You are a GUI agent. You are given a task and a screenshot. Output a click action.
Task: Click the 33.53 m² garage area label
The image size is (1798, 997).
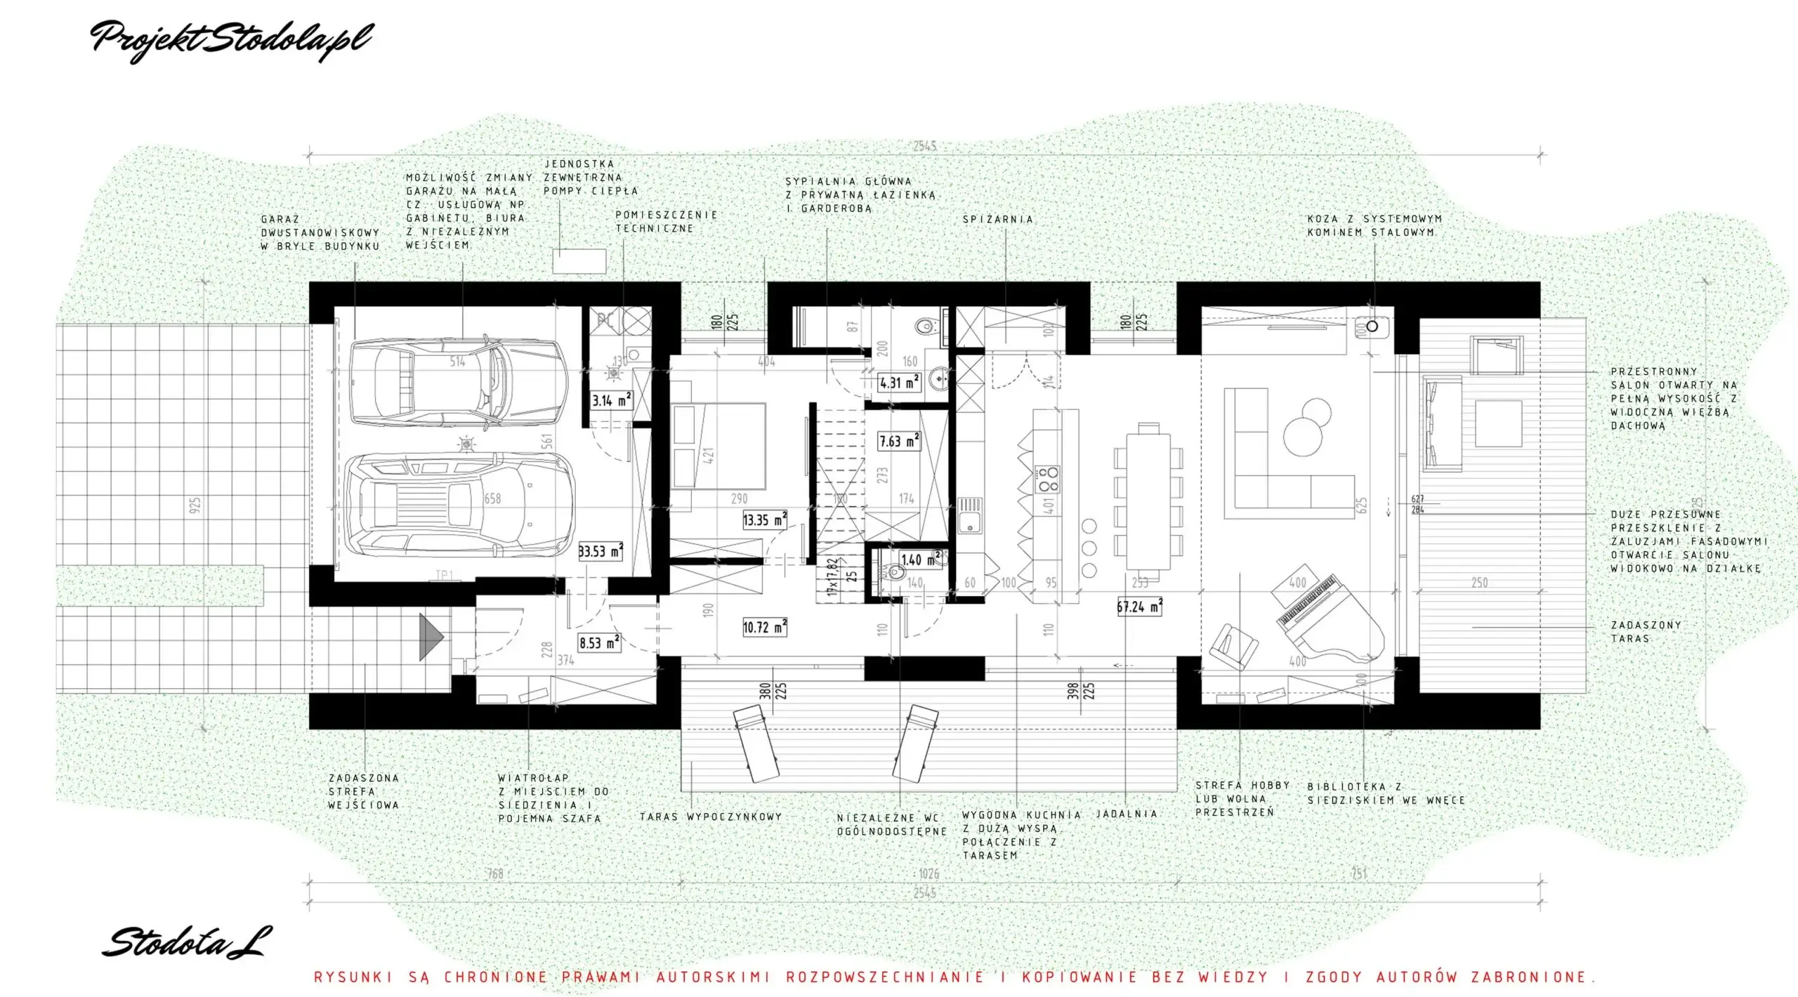point(601,551)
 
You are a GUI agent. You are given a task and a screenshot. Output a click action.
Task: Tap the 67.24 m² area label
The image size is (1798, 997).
point(1139,607)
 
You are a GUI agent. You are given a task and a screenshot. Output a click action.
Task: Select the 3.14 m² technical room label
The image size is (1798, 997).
point(611,401)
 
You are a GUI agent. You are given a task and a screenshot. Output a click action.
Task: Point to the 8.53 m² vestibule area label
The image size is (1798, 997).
point(599,642)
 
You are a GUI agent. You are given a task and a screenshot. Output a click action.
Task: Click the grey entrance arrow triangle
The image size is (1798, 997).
point(431,637)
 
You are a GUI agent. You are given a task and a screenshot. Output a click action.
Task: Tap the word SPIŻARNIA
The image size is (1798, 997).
point(998,220)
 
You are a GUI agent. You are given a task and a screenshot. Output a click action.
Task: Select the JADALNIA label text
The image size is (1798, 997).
point(1126,814)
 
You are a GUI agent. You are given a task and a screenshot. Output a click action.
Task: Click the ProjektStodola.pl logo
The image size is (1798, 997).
point(232,39)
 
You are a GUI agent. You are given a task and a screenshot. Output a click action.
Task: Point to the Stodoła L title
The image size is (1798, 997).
point(186,942)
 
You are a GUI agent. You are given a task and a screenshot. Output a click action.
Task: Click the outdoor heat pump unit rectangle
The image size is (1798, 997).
point(579,260)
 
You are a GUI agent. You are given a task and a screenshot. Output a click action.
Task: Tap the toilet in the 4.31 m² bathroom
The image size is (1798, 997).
point(926,326)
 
